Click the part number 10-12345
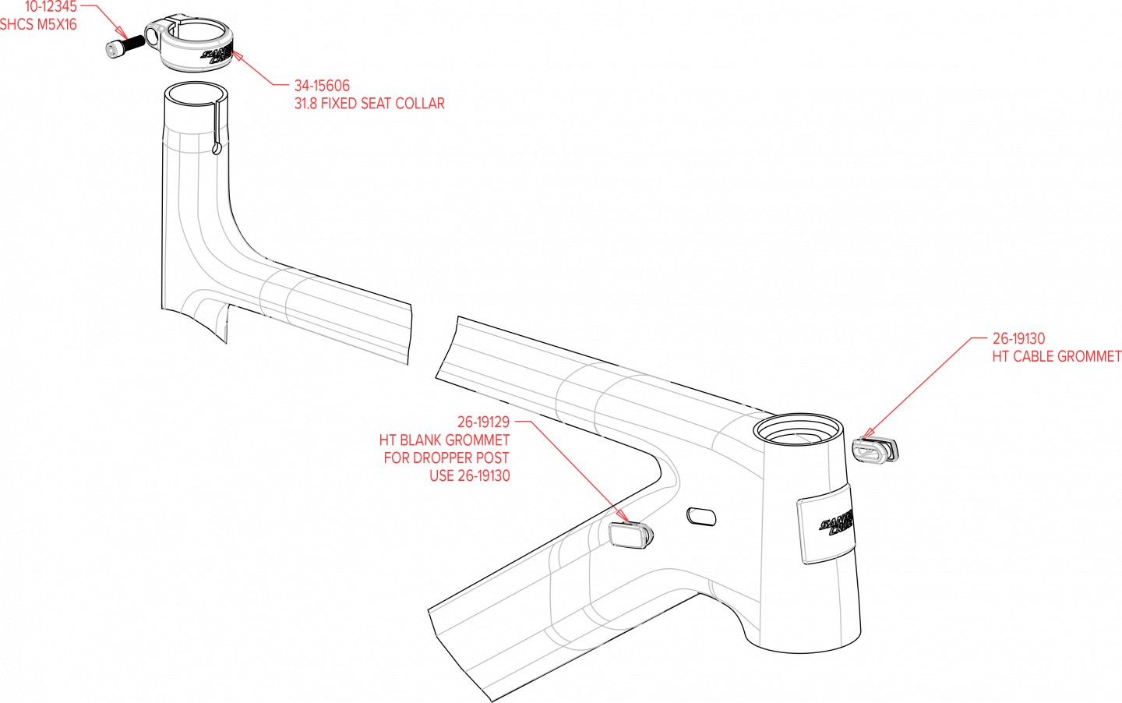pyautogui.click(x=51, y=7)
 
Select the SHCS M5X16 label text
pyautogui.click(x=38, y=25)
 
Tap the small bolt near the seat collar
pyautogui.click(x=111, y=50)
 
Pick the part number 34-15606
pyautogui.click(x=322, y=86)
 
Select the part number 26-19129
pyautogui.click(x=483, y=422)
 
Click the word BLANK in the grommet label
pyautogui.click(x=421, y=440)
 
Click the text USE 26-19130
pyautogui.click(x=470, y=476)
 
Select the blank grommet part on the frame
pyautogui.click(x=630, y=534)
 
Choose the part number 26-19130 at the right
pyautogui.click(x=1018, y=339)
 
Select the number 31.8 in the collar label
pyautogui.click(x=305, y=104)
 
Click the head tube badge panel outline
pyautogui.click(x=827, y=523)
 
